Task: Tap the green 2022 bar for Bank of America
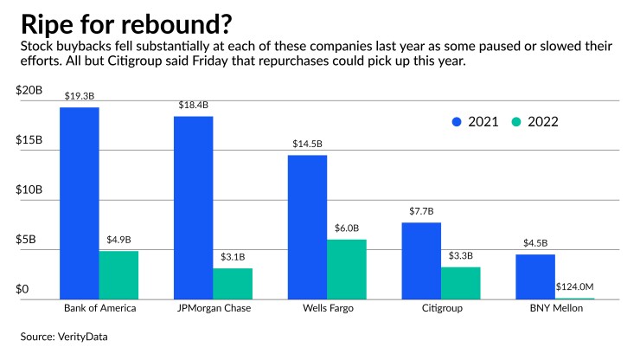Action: (x=118, y=275)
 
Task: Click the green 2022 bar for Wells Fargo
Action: (x=346, y=269)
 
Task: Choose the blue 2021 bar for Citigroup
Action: (x=422, y=260)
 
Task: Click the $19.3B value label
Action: (x=80, y=97)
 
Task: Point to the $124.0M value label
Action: (x=574, y=288)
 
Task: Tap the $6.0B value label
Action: (x=346, y=228)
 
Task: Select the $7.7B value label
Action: (x=422, y=211)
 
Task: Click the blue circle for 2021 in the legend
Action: (x=458, y=122)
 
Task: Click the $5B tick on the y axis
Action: (x=30, y=239)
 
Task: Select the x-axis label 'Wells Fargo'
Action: (x=328, y=308)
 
